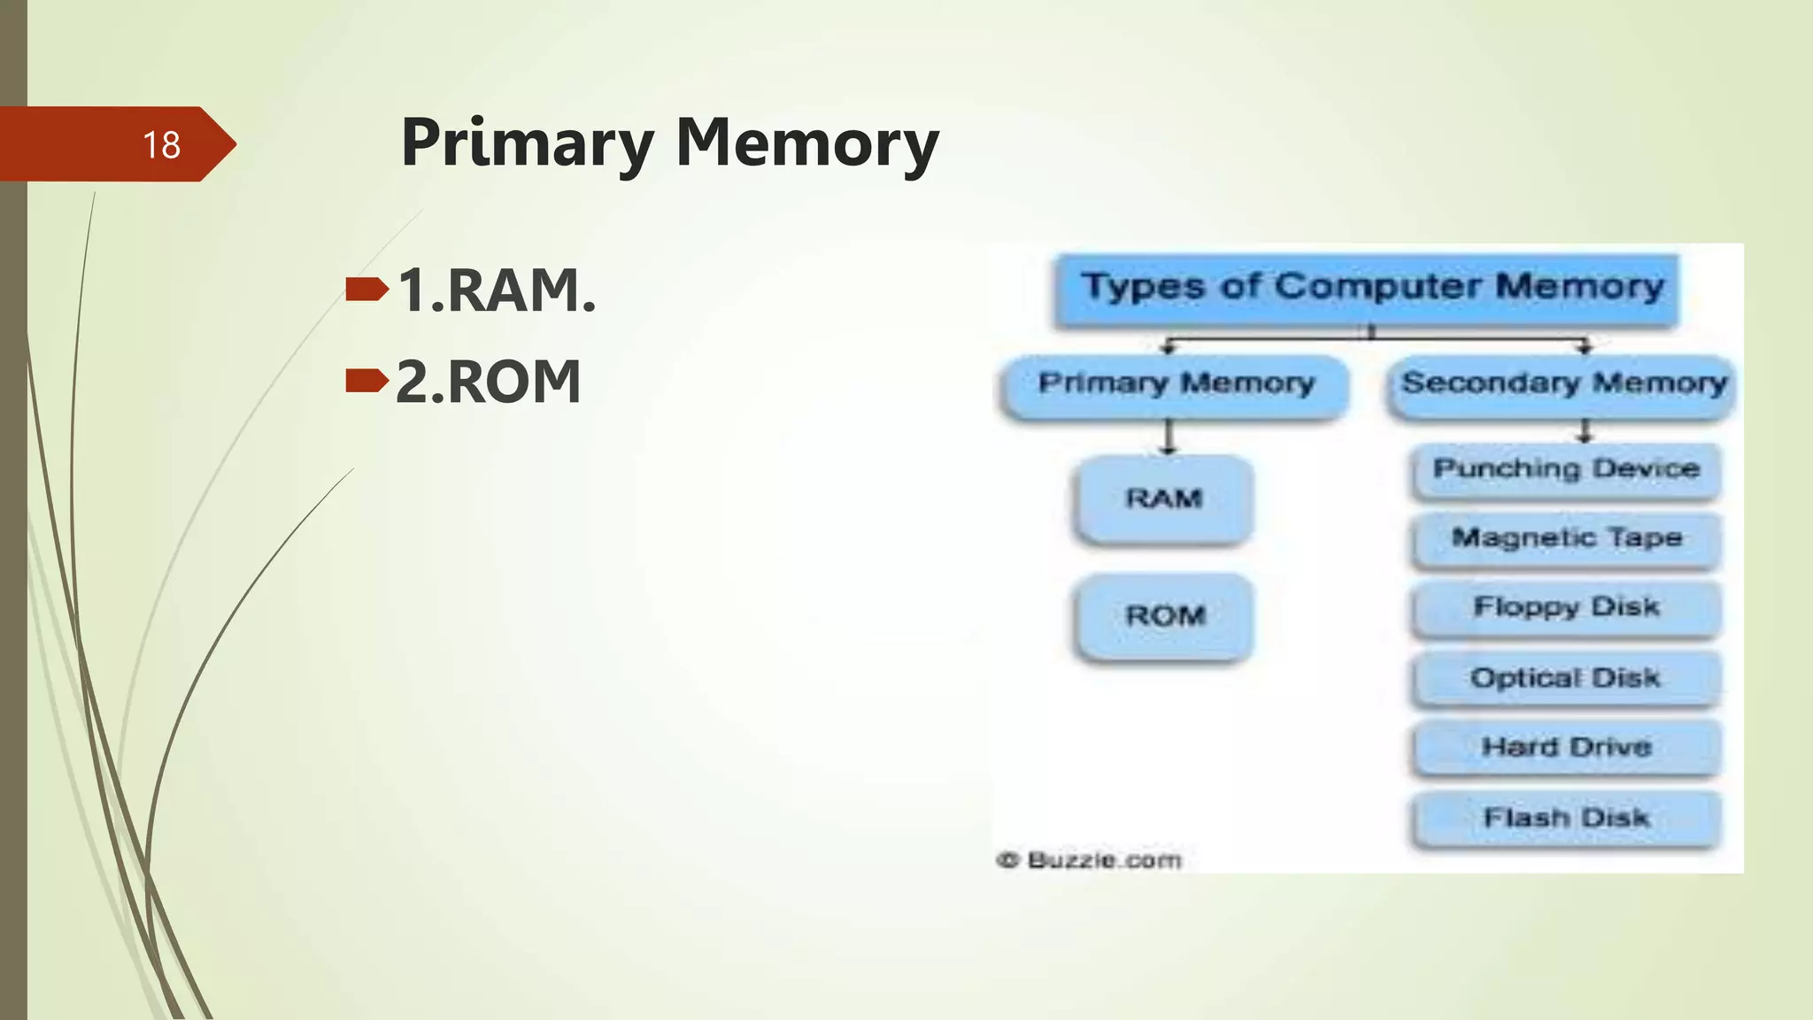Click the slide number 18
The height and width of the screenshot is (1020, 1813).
[161, 145]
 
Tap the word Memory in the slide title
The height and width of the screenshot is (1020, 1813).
[806, 143]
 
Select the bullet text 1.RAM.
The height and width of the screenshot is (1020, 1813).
[497, 290]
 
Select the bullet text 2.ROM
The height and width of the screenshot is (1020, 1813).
[488, 382]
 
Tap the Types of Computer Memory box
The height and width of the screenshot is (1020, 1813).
[1371, 288]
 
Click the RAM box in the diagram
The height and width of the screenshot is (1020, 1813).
[1163, 498]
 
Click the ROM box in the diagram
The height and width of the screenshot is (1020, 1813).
[1165, 615]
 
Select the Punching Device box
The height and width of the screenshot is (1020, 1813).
[1565, 469]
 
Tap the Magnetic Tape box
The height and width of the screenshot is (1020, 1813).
[1565, 538]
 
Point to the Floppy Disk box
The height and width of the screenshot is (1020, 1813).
[1565, 607]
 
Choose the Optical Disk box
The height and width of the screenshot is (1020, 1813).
[1565, 678]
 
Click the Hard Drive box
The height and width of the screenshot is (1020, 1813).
[1565, 747]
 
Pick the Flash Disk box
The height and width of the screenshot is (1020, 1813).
[1565, 818]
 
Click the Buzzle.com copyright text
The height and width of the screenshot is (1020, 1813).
[1089, 860]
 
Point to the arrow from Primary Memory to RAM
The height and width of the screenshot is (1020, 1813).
[1169, 437]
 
